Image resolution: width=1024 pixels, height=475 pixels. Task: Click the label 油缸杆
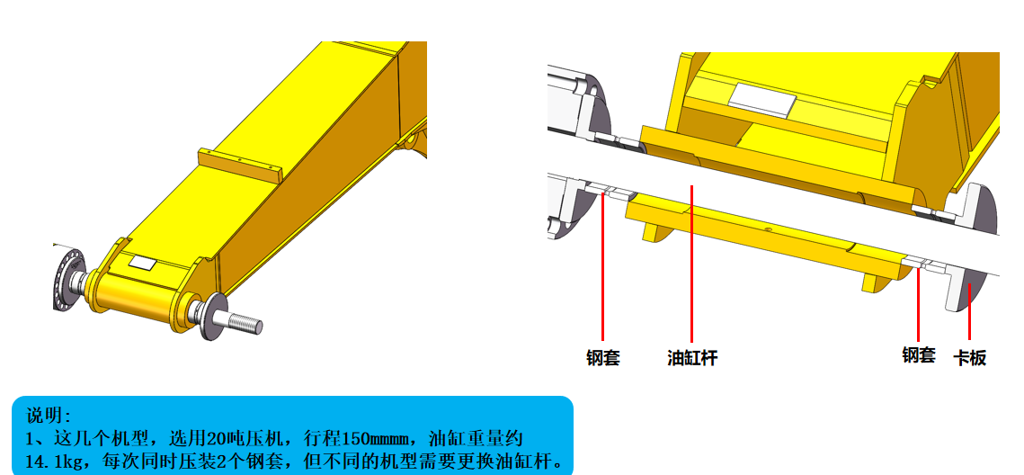tap(691, 357)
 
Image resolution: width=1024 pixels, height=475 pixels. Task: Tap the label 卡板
tap(970, 357)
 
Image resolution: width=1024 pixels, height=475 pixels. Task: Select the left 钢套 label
tap(602, 357)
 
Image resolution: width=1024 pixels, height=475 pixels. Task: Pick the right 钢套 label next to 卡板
tap(919, 354)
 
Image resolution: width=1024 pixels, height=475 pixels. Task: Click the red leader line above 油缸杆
tap(691, 264)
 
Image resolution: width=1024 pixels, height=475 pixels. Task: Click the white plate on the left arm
tap(142, 263)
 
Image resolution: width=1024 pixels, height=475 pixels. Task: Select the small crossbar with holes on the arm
tap(240, 165)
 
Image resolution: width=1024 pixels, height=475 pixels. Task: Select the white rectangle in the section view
tap(762, 96)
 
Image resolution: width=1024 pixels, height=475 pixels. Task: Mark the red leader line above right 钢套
tap(918, 304)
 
